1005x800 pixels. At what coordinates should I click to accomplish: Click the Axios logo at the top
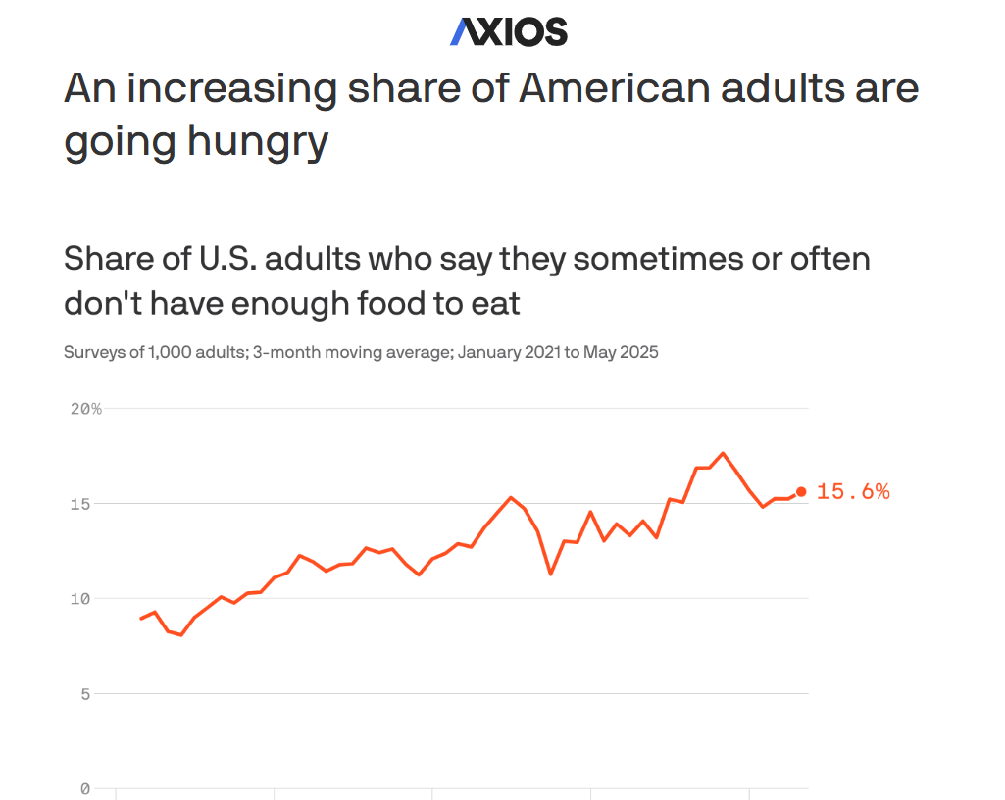508,32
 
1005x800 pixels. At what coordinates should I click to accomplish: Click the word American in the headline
613,89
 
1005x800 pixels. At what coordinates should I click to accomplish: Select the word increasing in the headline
231,89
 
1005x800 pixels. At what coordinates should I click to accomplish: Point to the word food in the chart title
383,303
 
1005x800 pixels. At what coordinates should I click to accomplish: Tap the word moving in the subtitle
347,352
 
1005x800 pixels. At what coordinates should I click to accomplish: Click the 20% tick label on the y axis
86,408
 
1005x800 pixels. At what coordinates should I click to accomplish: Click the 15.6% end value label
853,492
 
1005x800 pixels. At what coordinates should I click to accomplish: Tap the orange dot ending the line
801,491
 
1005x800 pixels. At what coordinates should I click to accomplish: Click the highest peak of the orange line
723,453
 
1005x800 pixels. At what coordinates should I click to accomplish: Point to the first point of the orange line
141,619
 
